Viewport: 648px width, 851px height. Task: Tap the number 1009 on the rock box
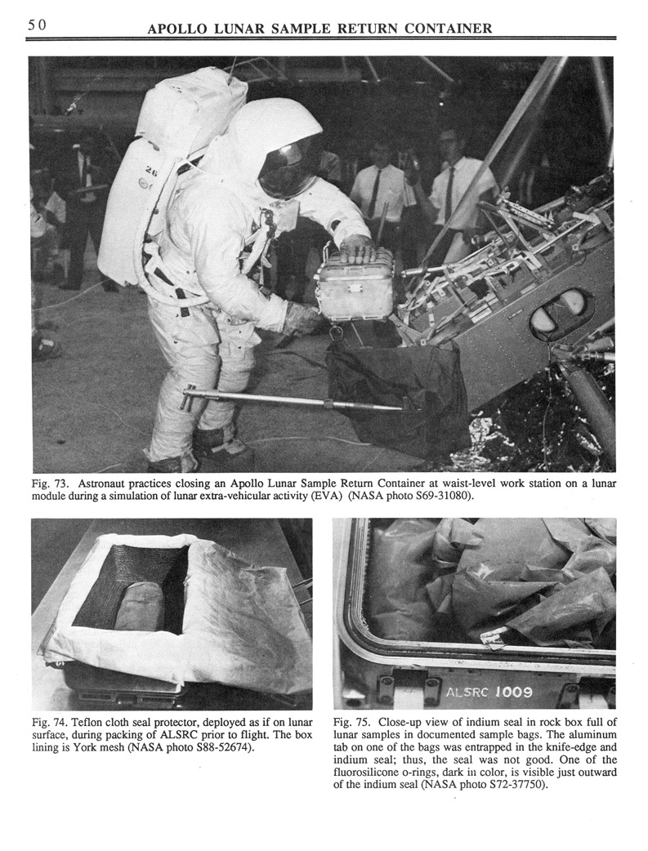(x=513, y=693)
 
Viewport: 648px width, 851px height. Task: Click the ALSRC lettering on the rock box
(x=467, y=693)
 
